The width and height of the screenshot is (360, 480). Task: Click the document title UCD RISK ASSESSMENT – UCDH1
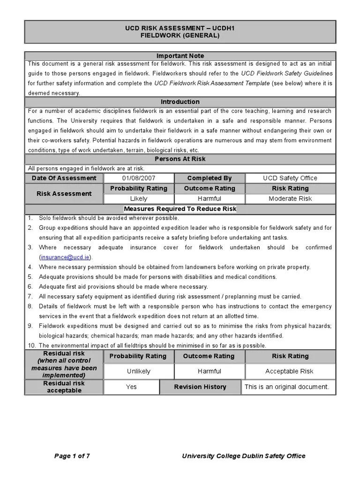180,28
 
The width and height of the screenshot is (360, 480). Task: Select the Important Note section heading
180,56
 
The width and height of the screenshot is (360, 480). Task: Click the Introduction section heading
180,102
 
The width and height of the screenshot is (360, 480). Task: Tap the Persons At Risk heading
180,159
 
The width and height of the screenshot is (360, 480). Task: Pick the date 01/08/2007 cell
139,178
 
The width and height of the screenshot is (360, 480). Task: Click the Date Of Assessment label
64,178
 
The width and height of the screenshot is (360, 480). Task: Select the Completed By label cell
210,178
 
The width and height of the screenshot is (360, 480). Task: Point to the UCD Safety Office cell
290,178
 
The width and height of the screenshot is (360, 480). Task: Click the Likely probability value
139,198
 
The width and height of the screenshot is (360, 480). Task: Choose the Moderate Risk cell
290,198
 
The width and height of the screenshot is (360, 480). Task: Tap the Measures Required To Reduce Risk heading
180,209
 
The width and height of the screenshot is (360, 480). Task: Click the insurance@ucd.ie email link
66,257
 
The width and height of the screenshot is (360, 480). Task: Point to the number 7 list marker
30,296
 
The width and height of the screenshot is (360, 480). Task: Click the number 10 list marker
30,345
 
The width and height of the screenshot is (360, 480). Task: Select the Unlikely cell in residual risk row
139,371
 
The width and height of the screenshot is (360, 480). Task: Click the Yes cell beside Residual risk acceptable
131,387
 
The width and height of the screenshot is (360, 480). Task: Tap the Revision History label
200,387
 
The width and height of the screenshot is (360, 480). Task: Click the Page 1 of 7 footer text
72,456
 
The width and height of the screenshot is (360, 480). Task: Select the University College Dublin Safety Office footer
243,456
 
